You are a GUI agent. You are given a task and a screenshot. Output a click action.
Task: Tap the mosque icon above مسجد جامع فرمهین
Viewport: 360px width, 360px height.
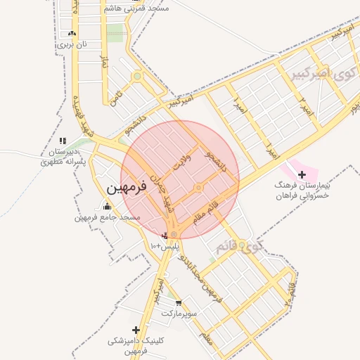(107, 206)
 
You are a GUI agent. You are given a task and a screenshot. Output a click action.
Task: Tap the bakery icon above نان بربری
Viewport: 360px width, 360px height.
(72, 33)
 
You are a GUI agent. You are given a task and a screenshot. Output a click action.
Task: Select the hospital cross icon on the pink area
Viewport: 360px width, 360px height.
(302, 174)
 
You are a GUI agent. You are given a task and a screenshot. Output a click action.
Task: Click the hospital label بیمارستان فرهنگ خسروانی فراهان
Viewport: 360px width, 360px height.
(303, 191)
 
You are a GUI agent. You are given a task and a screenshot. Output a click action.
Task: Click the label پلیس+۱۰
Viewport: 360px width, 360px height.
(165, 247)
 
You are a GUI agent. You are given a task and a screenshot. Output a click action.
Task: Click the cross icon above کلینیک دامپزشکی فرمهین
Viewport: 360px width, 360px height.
(136, 330)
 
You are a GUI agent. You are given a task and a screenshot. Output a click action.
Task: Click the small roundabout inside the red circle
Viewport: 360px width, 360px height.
(199, 188)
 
